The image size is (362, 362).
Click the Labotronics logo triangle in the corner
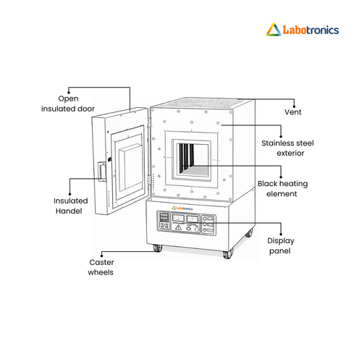point(274,30)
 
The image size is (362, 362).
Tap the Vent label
point(292,112)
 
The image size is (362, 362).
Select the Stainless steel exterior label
point(287,148)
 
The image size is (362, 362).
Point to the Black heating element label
point(282,188)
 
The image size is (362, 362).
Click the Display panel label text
point(281,245)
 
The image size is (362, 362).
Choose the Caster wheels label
point(101,267)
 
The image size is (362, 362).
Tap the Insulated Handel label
point(70,206)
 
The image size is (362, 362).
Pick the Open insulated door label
point(68,104)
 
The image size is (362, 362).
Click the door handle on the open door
point(102,171)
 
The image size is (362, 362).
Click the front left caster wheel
point(158,248)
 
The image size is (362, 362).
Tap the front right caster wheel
point(228,254)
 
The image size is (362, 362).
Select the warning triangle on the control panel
point(178,227)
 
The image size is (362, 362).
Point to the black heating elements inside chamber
point(186,156)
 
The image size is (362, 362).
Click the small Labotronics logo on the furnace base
point(182,208)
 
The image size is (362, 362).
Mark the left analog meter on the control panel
point(178,219)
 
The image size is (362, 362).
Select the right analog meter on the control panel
point(193,219)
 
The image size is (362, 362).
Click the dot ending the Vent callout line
point(294,106)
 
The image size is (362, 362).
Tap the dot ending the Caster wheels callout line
point(101,256)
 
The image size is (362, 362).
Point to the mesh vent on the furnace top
point(202,103)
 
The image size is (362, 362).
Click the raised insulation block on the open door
point(130,167)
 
